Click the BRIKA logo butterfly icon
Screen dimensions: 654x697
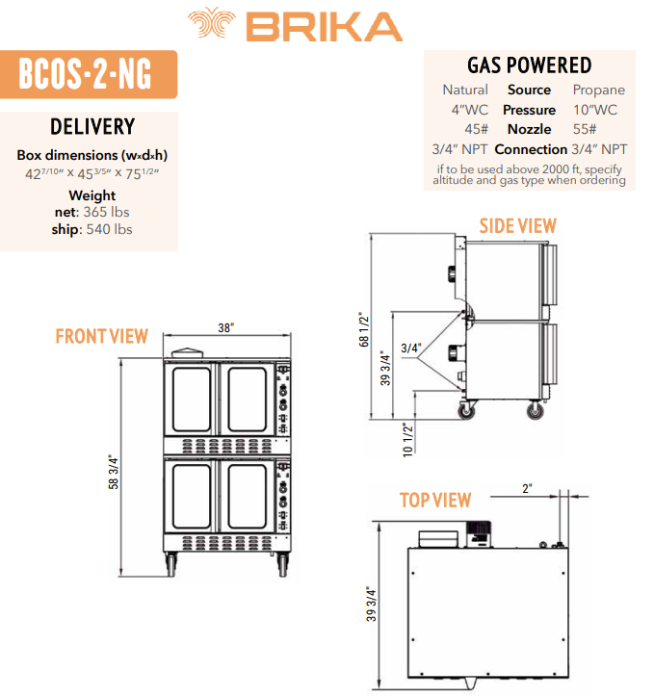click(211, 22)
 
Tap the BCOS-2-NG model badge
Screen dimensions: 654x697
click(89, 74)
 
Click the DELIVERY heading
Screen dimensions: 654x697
click(92, 127)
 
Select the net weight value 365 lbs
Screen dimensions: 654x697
click(107, 212)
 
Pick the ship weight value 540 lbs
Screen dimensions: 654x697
click(110, 229)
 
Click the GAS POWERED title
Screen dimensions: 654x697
click(529, 65)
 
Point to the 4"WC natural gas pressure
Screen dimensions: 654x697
click(469, 110)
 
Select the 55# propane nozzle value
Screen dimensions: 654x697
click(585, 129)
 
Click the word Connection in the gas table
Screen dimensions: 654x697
click(531, 149)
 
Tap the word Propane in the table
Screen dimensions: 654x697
click(599, 90)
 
